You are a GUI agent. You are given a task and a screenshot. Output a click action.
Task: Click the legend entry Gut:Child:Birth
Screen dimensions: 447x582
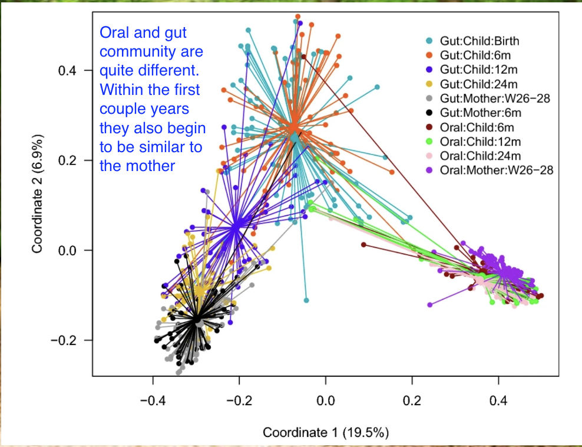point(480,41)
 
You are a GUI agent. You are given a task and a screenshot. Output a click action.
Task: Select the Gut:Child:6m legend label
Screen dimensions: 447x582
point(475,55)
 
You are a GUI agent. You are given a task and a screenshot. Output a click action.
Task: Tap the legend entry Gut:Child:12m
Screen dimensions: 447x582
point(478,70)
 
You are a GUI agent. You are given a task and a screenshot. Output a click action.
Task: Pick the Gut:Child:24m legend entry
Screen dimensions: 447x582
point(478,84)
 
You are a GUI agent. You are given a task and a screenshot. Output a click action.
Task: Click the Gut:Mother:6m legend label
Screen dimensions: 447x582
point(481,113)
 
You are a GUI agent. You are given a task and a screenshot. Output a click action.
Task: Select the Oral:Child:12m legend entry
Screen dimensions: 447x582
point(480,142)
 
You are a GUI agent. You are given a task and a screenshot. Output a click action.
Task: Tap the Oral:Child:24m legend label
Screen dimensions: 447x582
point(480,156)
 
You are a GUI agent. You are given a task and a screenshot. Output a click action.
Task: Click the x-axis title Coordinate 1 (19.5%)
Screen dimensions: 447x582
point(326,432)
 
